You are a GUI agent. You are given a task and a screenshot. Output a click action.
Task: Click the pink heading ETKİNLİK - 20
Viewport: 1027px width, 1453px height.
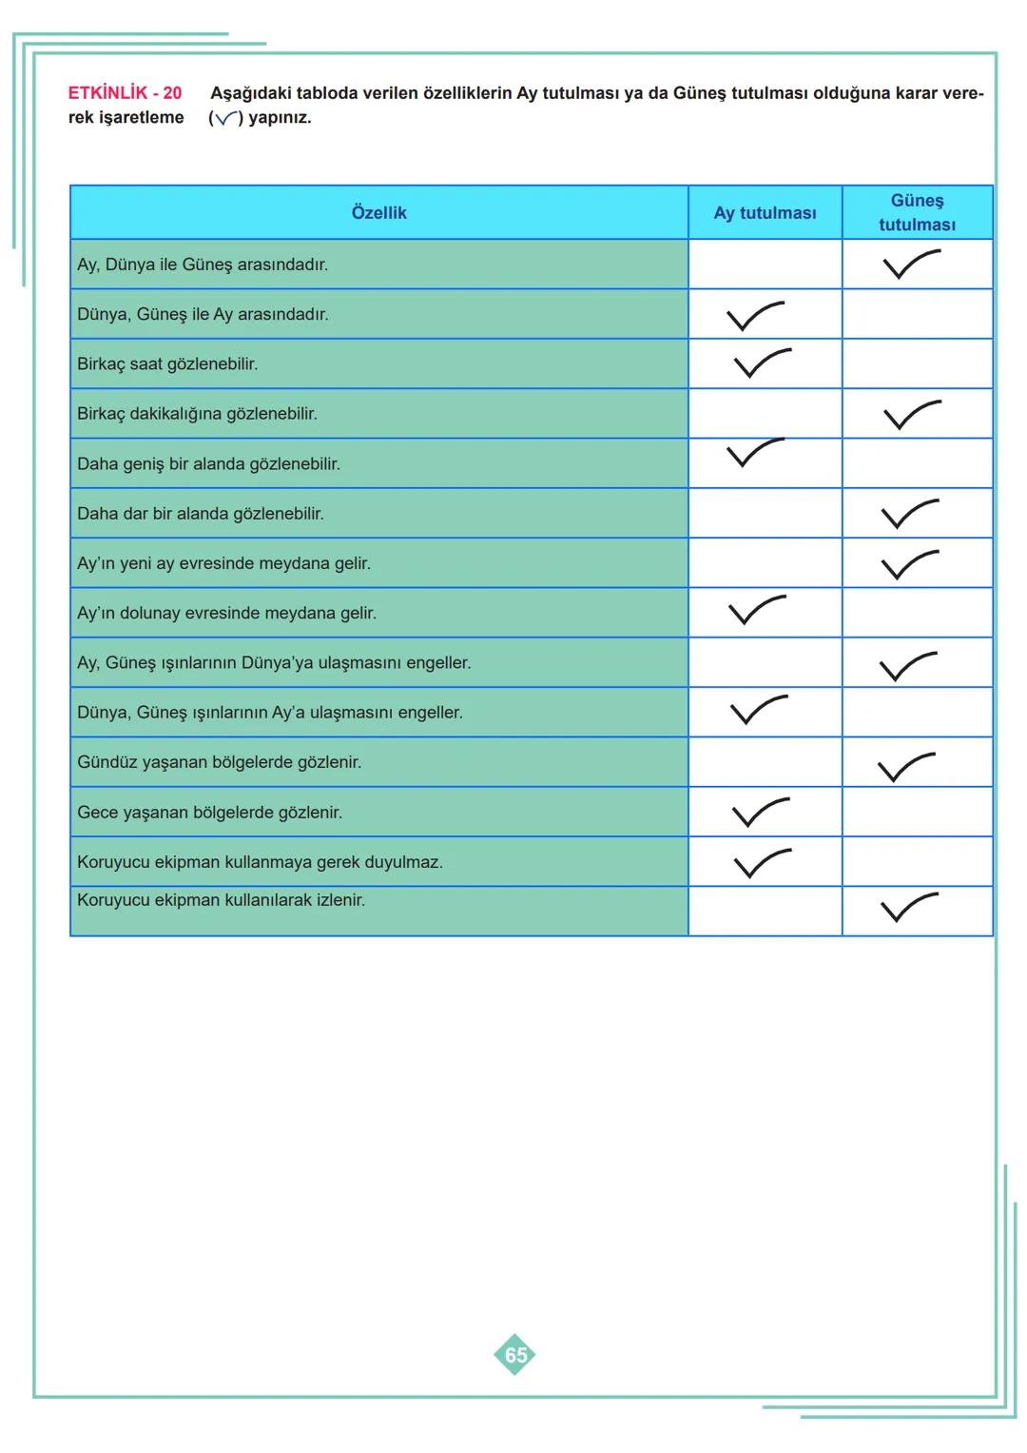[125, 93]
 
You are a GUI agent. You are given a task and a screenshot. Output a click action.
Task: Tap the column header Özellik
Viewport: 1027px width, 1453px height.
[378, 213]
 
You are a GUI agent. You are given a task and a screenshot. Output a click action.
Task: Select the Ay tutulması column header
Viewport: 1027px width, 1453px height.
[765, 213]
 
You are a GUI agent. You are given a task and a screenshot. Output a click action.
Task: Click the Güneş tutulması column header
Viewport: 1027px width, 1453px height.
[917, 213]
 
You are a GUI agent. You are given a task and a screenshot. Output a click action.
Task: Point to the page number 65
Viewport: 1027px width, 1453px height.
[514, 1354]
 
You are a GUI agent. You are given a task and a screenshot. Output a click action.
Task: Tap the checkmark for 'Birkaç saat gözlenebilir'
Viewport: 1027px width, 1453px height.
[761, 363]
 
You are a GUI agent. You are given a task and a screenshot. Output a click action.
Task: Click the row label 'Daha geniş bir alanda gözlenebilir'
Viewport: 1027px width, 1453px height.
[208, 464]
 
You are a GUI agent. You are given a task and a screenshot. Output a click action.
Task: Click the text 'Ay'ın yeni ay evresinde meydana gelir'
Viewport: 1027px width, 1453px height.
[223, 563]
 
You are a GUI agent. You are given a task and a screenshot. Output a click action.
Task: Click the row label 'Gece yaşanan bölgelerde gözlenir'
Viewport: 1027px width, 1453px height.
[209, 813]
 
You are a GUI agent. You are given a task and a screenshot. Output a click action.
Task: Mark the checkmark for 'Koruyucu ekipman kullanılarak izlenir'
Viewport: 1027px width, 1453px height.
[908, 908]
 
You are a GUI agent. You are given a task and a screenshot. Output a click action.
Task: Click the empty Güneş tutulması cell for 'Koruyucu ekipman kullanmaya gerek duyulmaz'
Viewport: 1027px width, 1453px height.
[917, 862]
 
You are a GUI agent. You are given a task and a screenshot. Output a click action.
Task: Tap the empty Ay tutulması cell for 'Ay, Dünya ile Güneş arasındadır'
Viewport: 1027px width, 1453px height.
[765, 265]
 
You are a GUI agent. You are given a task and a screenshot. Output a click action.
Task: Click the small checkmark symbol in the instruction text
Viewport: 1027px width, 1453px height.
[225, 119]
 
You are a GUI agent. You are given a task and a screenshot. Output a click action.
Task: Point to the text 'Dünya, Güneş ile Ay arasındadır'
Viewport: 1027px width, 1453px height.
[203, 314]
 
